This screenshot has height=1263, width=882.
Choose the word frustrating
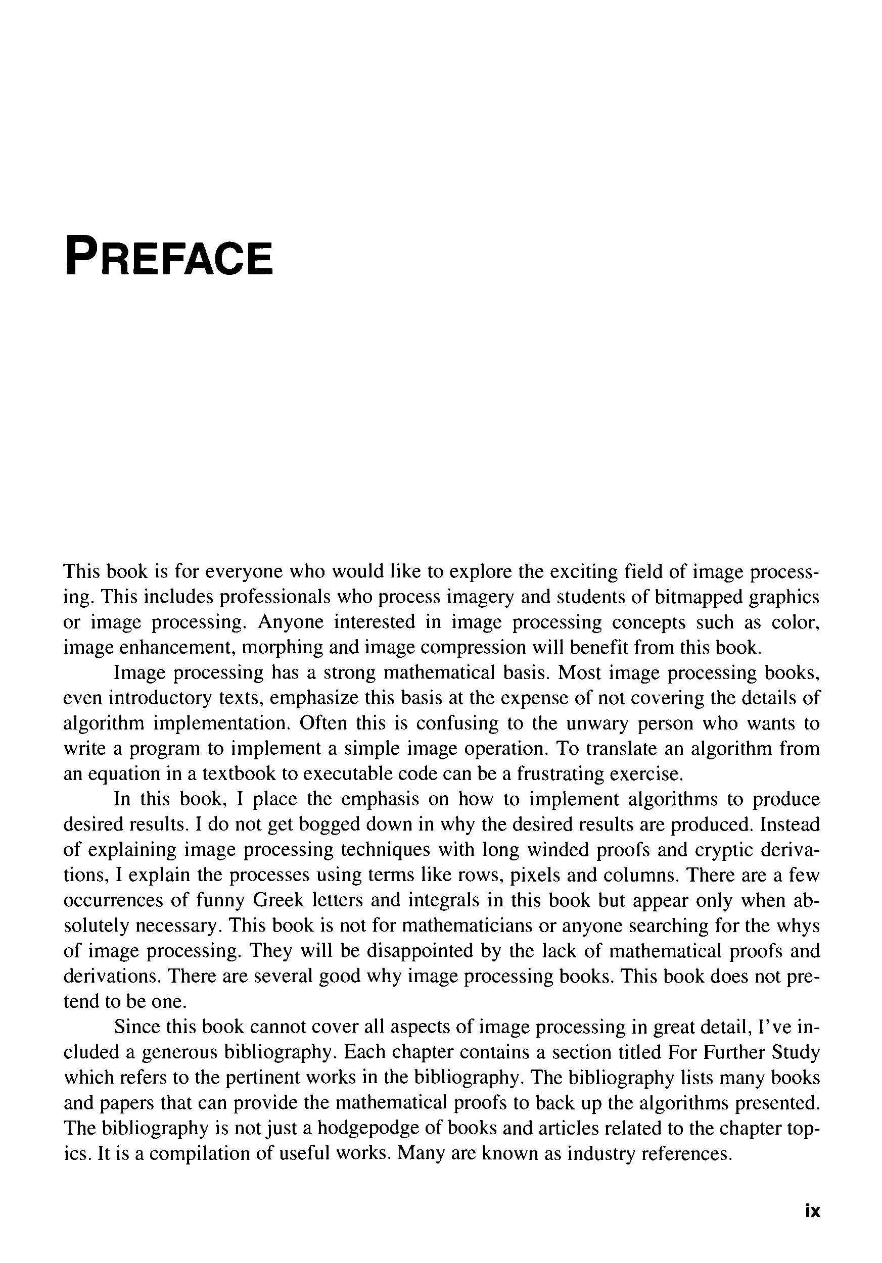560,774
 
